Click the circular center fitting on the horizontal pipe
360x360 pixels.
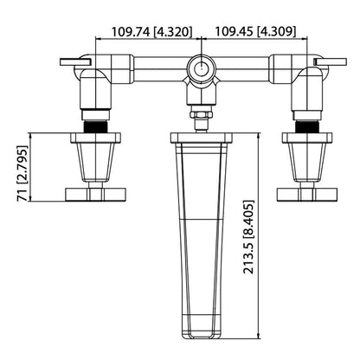201,67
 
